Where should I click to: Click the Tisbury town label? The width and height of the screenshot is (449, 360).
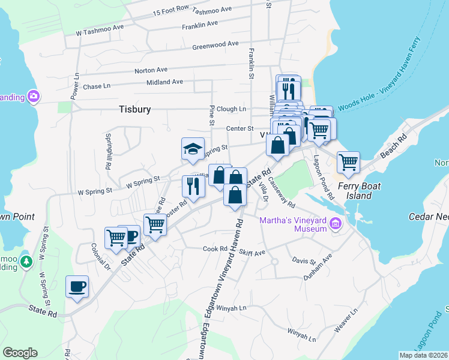[134, 109]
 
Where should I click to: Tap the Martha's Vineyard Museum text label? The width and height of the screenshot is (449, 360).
[293, 223]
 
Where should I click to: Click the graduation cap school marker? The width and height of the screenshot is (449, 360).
[193, 150]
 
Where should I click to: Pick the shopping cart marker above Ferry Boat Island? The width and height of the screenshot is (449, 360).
[348, 162]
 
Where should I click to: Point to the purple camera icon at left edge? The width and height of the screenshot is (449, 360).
[33, 96]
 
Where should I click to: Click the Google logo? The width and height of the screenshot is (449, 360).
[20, 353]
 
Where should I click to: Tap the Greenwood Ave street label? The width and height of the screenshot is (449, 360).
[215, 45]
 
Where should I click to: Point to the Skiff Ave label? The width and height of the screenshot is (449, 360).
[252, 253]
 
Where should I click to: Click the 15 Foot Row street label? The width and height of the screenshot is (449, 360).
[171, 10]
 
